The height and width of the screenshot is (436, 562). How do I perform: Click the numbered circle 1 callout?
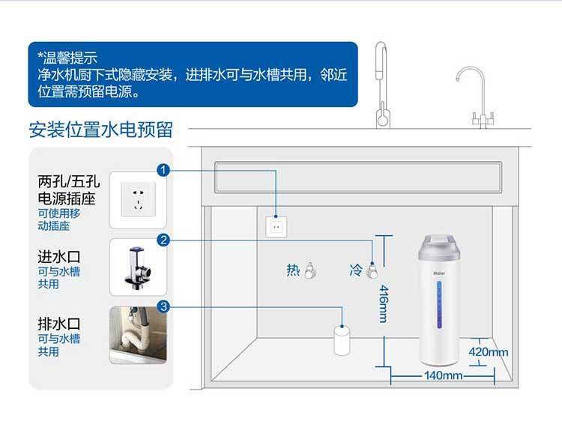(163, 170)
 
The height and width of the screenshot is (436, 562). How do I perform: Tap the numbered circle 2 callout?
(163, 239)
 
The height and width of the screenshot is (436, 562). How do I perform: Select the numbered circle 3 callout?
(163, 306)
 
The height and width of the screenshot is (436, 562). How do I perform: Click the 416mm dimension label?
(383, 304)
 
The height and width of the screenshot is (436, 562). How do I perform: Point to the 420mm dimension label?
(489, 352)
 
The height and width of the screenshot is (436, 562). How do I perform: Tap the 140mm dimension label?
(443, 375)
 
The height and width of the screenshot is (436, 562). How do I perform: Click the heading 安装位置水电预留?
(100, 129)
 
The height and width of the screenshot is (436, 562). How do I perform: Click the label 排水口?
(59, 324)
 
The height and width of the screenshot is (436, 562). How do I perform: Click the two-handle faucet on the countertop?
(480, 97)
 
